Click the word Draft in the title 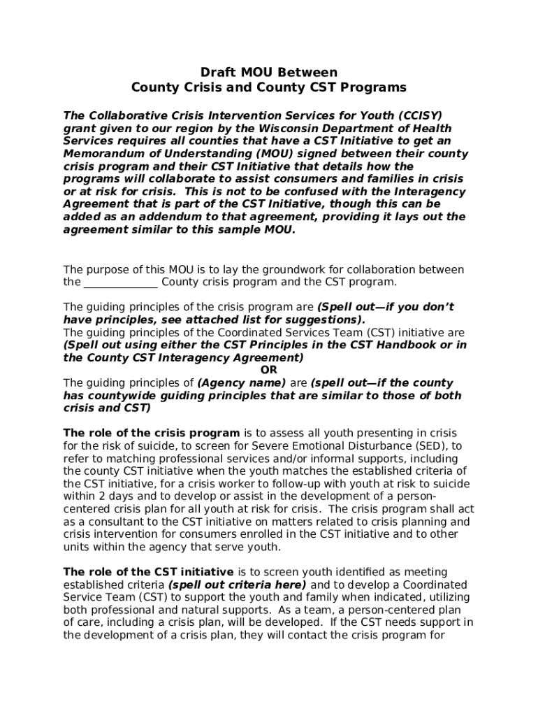[217, 73]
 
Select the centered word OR [268, 370]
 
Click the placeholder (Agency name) [242, 383]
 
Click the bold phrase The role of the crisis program [152, 433]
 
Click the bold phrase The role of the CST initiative [150, 572]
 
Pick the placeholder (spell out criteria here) [237, 585]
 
